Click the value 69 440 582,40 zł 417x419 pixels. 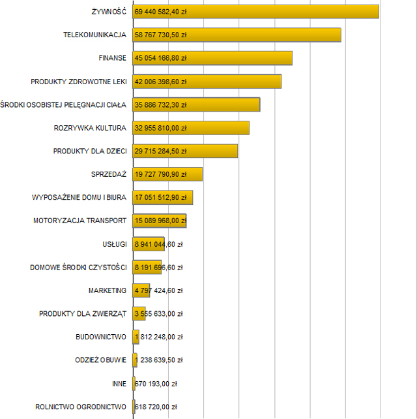(x=161, y=12)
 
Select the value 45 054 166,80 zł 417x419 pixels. (x=161, y=58)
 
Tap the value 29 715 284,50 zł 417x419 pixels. (x=161, y=151)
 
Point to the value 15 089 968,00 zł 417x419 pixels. (x=161, y=221)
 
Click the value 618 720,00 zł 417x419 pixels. (x=156, y=407)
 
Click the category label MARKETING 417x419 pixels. (x=108, y=290)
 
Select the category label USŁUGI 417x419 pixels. (x=115, y=244)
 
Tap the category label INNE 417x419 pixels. (x=119, y=383)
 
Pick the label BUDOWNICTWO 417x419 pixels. (x=101, y=337)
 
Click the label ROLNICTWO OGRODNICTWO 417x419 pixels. (x=81, y=407)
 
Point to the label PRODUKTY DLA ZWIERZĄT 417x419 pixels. (x=83, y=313)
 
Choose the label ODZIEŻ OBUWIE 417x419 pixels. (x=101, y=360)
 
